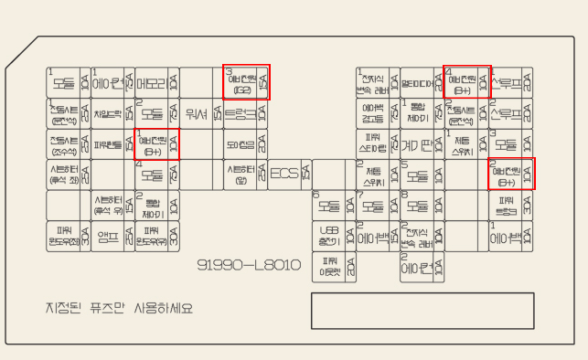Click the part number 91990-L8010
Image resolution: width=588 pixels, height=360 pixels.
click(x=250, y=265)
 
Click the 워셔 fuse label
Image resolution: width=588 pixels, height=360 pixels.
click(x=195, y=114)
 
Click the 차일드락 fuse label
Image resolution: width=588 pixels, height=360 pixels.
click(x=108, y=114)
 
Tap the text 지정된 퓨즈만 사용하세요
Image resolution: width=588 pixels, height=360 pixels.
click(x=120, y=308)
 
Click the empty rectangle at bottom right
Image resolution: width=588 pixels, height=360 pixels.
click(x=422, y=311)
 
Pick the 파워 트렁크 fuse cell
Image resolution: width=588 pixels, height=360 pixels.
click(x=505, y=205)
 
